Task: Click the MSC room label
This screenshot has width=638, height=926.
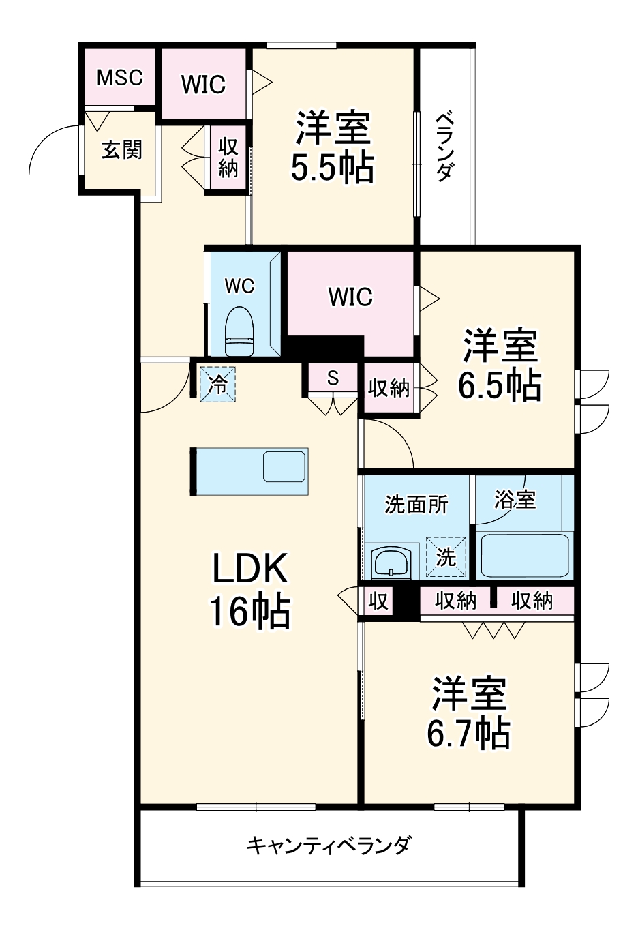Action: pyautogui.click(x=119, y=78)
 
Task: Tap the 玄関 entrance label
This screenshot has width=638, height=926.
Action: pyautogui.click(x=122, y=149)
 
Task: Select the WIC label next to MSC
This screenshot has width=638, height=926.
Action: pyautogui.click(x=203, y=85)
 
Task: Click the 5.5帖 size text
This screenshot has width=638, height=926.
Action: pyautogui.click(x=332, y=167)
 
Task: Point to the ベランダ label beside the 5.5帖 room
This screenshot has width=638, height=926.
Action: pyautogui.click(x=444, y=146)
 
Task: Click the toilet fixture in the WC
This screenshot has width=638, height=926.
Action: pyautogui.click(x=239, y=331)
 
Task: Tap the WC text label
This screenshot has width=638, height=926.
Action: pyautogui.click(x=239, y=286)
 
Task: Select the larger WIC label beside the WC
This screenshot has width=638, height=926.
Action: pyautogui.click(x=350, y=297)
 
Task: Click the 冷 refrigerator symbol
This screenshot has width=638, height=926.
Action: pyautogui.click(x=217, y=385)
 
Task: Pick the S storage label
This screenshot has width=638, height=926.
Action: pyautogui.click(x=333, y=378)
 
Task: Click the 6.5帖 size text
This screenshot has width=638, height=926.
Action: pyautogui.click(x=500, y=385)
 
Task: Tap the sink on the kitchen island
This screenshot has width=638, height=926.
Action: pyautogui.click(x=285, y=466)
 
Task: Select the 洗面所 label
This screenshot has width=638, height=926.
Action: pyautogui.click(x=416, y=505)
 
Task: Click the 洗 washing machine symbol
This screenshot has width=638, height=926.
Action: pyautogui.click(x=446, y=557)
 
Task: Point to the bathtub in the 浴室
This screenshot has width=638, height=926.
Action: pyautogui.click(x=524, y=556)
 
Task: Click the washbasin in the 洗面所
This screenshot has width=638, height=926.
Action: pyautogui.click(x=391, y=563)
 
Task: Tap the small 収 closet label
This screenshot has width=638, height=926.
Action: pyautogui.click(x=378, y=601)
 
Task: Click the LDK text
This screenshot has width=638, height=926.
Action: pyautogui.click(x=250, y=567)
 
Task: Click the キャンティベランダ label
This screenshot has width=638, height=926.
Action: pyautogui.click(x=329, y=846)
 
